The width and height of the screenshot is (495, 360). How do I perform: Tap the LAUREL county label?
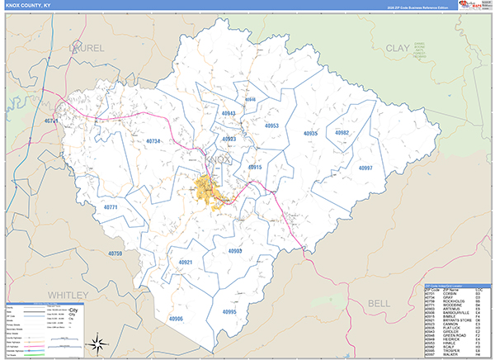(86, 48)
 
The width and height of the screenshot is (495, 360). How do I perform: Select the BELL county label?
(379, 304)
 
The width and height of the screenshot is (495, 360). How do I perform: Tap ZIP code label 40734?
(148, 142)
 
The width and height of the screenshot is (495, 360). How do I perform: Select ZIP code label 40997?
(365, 168)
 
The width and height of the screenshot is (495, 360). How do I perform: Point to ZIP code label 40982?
(342, 133)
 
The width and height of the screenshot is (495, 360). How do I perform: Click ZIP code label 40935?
(310, 133)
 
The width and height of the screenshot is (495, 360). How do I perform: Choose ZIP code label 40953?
(271, 126)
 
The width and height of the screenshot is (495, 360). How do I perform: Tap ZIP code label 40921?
(185, 262)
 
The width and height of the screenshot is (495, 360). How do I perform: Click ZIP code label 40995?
(229, 312)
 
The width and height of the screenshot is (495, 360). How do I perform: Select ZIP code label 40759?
(115, 253)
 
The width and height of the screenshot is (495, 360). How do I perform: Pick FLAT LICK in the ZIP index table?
(448, 326)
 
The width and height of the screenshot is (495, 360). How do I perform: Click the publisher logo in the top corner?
(474, 5)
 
